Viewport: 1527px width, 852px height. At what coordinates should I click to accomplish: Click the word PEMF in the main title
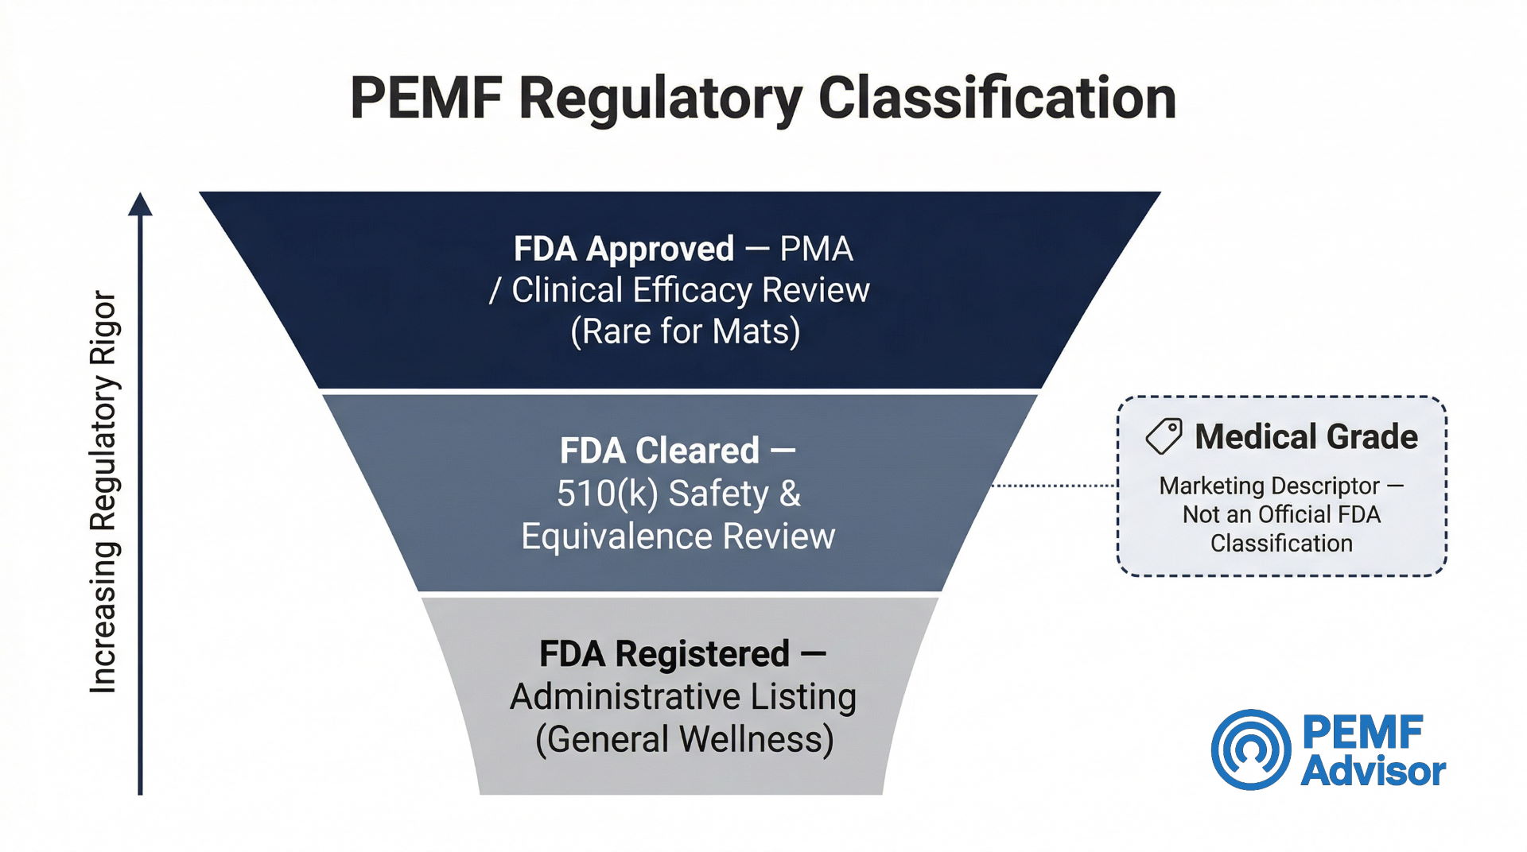426,99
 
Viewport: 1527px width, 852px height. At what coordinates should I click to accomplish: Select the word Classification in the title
997,99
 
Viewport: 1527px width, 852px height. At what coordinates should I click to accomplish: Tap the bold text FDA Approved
624,249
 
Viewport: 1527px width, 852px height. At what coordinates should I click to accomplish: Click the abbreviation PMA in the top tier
816,249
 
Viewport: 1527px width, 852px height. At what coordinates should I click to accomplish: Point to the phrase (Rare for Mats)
685,331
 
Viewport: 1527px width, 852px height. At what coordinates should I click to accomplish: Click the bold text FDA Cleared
659,451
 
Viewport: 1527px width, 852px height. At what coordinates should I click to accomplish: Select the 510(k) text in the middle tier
607,494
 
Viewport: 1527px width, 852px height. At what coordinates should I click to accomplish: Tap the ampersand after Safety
790,494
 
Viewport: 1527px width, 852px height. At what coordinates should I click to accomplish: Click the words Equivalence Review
678,536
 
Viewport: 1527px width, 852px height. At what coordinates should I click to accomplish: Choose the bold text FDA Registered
664,654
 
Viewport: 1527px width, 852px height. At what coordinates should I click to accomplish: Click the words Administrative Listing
683,697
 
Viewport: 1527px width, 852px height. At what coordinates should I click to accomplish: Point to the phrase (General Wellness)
684,740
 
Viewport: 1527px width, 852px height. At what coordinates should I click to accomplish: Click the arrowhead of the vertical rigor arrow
140,204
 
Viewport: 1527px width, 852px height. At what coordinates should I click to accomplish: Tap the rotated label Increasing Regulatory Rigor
104,493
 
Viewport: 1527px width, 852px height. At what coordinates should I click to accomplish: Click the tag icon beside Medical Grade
1164,437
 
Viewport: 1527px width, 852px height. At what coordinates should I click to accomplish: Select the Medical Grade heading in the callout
1306,437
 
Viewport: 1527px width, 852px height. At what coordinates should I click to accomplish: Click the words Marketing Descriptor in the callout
1269,486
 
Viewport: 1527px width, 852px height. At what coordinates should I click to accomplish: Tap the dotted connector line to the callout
1054,485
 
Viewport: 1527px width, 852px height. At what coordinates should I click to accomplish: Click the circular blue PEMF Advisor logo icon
1251,749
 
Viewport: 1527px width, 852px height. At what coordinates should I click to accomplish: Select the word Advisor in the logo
1373,772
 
